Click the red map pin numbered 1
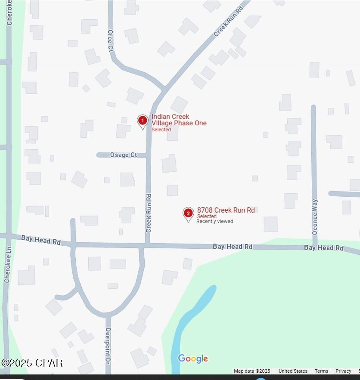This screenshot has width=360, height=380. pos(143,121)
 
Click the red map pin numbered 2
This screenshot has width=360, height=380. pos(188,213)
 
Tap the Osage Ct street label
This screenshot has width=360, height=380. pos(123,155)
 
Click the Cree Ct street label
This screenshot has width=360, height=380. pos(110,41)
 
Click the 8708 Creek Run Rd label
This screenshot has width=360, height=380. pos(226,210)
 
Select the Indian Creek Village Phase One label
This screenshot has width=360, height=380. pos(179,120)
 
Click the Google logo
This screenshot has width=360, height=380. pos(192,359)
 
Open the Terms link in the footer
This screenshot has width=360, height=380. pos(321,371)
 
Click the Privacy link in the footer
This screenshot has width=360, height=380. pos(343,371)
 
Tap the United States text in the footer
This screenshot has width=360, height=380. pos(293,371)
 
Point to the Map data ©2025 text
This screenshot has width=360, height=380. pos(252,371)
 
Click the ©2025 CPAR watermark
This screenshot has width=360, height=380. pos(32,363)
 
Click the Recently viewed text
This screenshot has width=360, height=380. pos(214,221)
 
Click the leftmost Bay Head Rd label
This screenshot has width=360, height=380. pos(41,240)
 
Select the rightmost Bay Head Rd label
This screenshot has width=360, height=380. pos(323,247)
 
